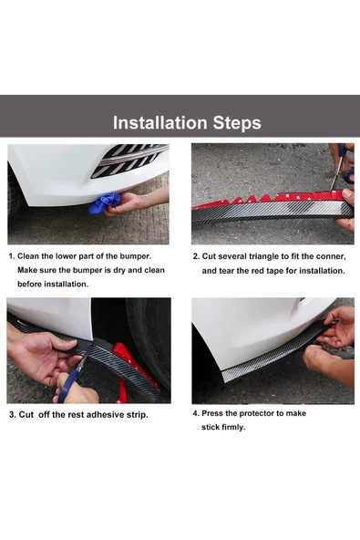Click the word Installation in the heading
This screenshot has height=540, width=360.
[160, 122]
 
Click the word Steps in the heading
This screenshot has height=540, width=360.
[237, 123]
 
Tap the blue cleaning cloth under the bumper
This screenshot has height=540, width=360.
[105, 203]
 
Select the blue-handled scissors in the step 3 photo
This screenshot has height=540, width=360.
[70, 377]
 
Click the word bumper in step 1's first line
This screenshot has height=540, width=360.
[134, 256]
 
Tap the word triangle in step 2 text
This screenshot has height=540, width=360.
[264, 257]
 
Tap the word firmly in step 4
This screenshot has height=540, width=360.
[233, 428]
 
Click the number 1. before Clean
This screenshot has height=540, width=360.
[12, 256]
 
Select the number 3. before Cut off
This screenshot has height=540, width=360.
[13, 415]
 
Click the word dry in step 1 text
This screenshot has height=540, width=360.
[120, 270]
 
